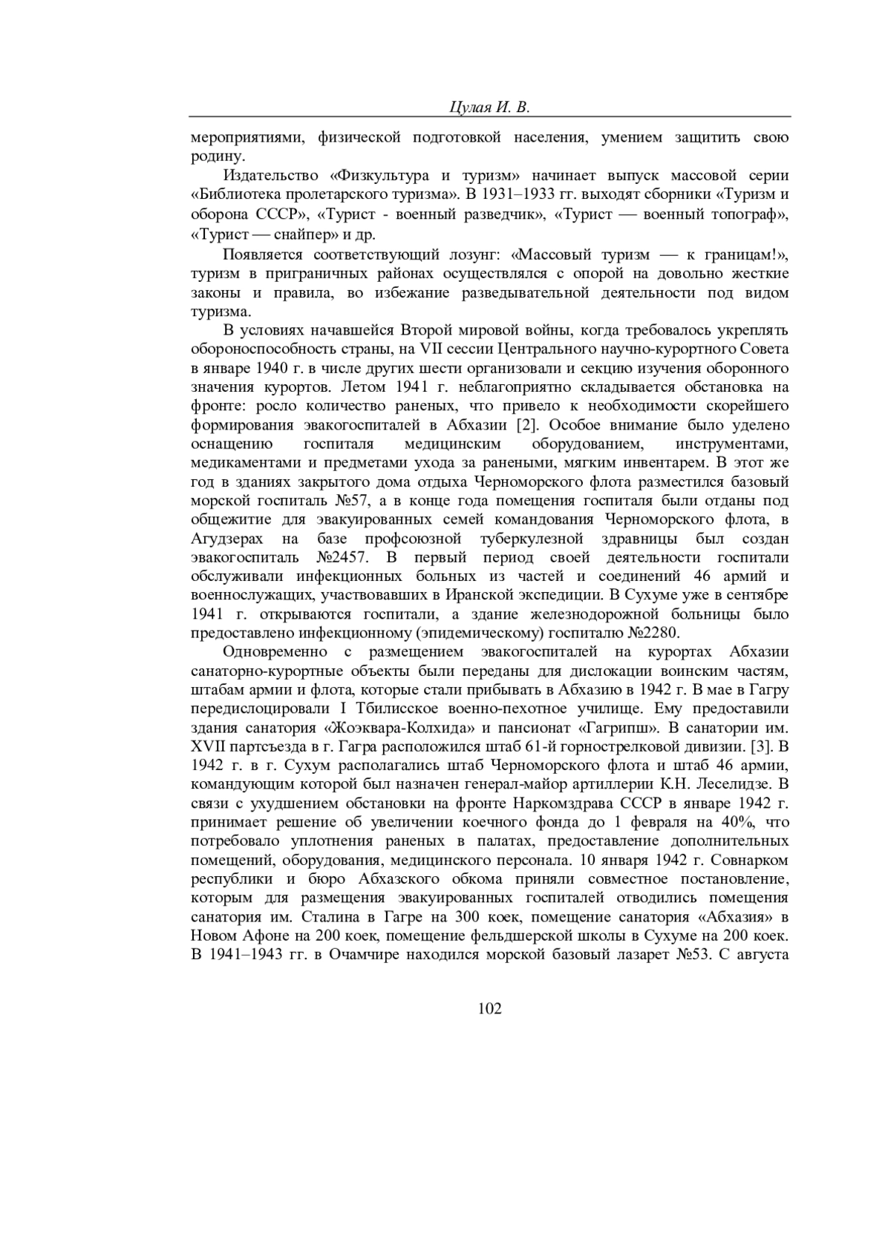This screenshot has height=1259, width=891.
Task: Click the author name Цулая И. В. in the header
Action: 489,107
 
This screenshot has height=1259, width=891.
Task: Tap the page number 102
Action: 490,1007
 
